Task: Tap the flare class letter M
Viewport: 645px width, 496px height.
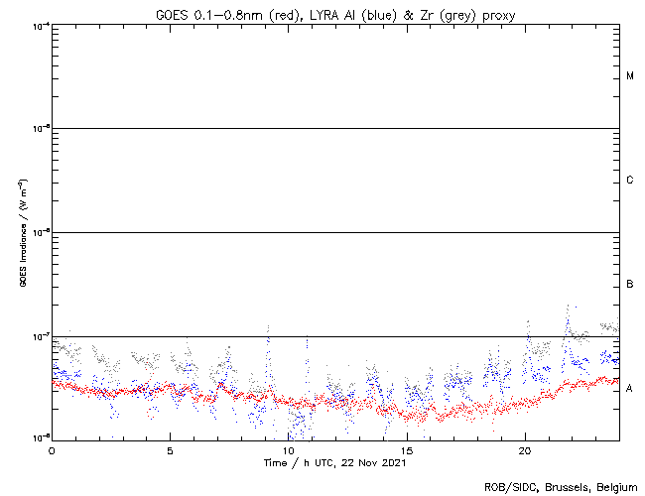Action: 630,76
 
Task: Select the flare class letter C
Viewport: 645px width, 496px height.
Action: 630,181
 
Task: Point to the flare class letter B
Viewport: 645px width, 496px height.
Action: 630,285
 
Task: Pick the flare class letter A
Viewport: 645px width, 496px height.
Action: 630,388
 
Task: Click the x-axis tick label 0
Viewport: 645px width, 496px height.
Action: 52,449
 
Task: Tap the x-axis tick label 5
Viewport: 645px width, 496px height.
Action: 170,449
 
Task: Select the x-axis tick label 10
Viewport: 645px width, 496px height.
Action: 288,449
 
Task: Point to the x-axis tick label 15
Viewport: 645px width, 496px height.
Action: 407,449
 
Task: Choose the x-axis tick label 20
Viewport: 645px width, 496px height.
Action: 525,449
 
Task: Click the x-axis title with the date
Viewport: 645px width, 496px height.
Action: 335,462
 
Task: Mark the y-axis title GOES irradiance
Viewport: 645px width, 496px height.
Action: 22,233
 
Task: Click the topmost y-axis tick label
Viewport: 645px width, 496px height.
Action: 38,26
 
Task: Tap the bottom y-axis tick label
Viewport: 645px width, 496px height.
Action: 38,437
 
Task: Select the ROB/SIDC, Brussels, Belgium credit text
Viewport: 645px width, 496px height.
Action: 561,487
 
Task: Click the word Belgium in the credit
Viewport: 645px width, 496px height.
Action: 617,487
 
